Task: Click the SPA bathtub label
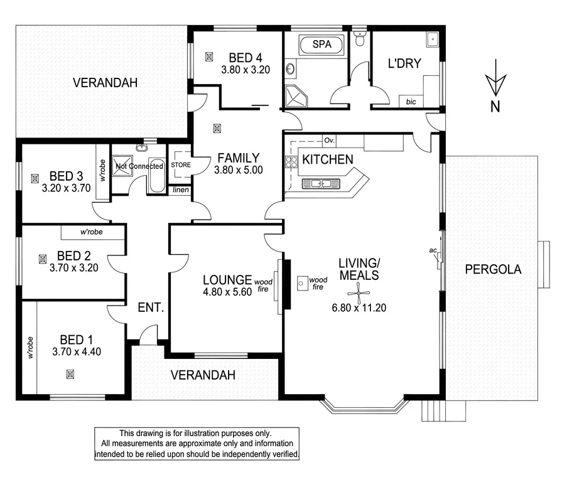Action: (321, 45)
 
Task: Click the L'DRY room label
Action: (404, 63)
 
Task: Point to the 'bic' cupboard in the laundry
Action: (411, 101)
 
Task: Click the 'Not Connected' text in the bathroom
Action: (139, 166)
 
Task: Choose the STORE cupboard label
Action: (180, 165)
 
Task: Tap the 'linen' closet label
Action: (180, 190)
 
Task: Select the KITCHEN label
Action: (328, 159)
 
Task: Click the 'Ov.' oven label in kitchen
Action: (328, 140)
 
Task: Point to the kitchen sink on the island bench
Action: (320, 184)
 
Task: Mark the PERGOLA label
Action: (493, 270)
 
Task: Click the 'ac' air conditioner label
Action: (433, 250)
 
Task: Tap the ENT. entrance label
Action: (151, 308)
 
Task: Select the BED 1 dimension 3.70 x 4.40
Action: (77, 351)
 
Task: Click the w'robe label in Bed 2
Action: (92, 232)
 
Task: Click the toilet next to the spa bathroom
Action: (360, 40)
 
